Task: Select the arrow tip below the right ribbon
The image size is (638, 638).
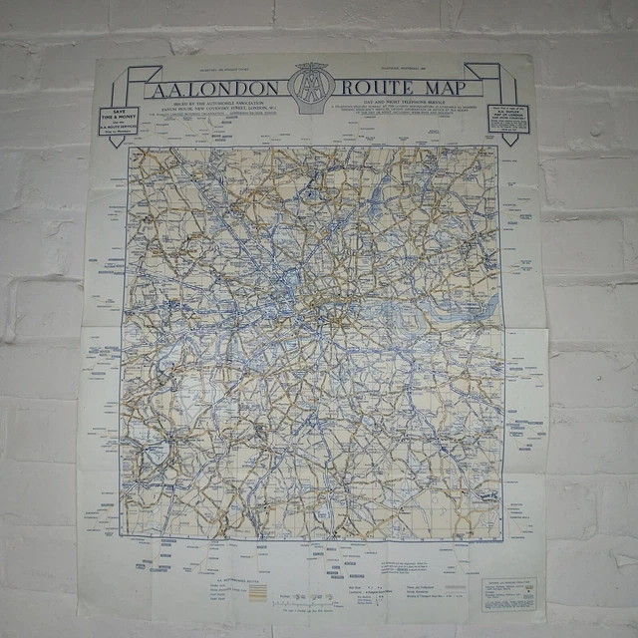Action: (x=509, y=141)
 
